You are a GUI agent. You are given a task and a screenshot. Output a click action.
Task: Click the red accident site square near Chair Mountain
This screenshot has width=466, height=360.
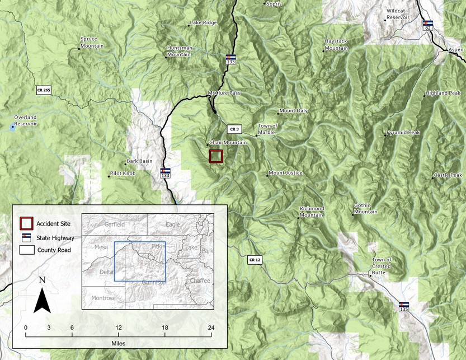pos(216,156)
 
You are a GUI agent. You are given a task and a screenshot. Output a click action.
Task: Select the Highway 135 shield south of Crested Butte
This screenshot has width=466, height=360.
pos(404,307)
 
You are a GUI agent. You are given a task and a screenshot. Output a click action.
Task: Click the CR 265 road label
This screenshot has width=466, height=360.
pos(44,90)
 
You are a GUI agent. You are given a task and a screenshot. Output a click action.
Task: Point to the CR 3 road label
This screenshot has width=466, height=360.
pos(234,129)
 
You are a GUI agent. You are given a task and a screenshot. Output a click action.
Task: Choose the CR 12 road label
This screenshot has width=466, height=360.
pos(255,259)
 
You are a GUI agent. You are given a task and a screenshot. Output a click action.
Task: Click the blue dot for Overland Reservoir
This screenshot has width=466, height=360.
pos(13,128)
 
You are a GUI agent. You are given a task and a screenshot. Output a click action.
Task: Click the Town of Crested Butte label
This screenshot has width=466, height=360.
pos(382,263)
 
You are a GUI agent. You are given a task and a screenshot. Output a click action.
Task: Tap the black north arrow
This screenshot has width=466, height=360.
pos(43,294)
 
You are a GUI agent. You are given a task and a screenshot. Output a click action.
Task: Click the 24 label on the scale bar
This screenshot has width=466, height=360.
pos(211,328)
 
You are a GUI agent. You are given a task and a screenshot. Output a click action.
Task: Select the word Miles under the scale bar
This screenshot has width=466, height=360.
pos(118,342)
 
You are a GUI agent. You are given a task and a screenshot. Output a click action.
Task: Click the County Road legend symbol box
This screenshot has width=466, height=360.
pos(26,250)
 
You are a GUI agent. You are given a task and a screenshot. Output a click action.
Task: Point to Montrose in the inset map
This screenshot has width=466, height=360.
pos(103,298)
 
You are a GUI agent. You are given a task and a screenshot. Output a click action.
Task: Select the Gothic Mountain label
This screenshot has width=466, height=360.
pos(365,209)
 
